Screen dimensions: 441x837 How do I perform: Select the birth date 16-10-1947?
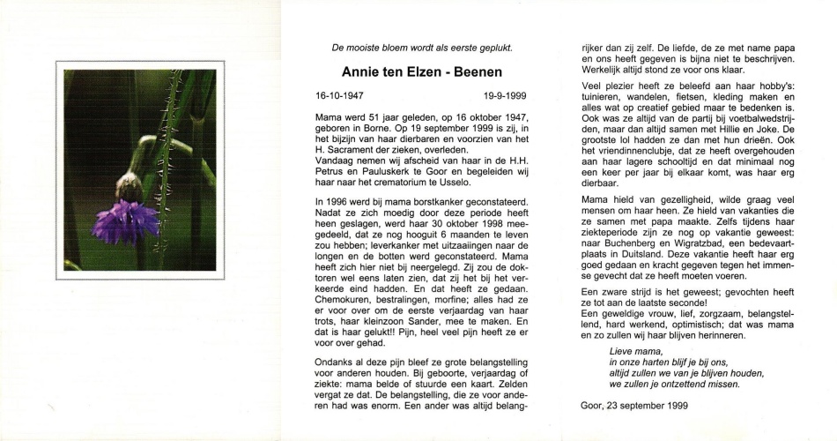click(339, 94)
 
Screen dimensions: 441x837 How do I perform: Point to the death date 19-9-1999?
click(505, 94)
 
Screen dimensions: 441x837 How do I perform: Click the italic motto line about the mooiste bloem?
click(421, 49)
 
